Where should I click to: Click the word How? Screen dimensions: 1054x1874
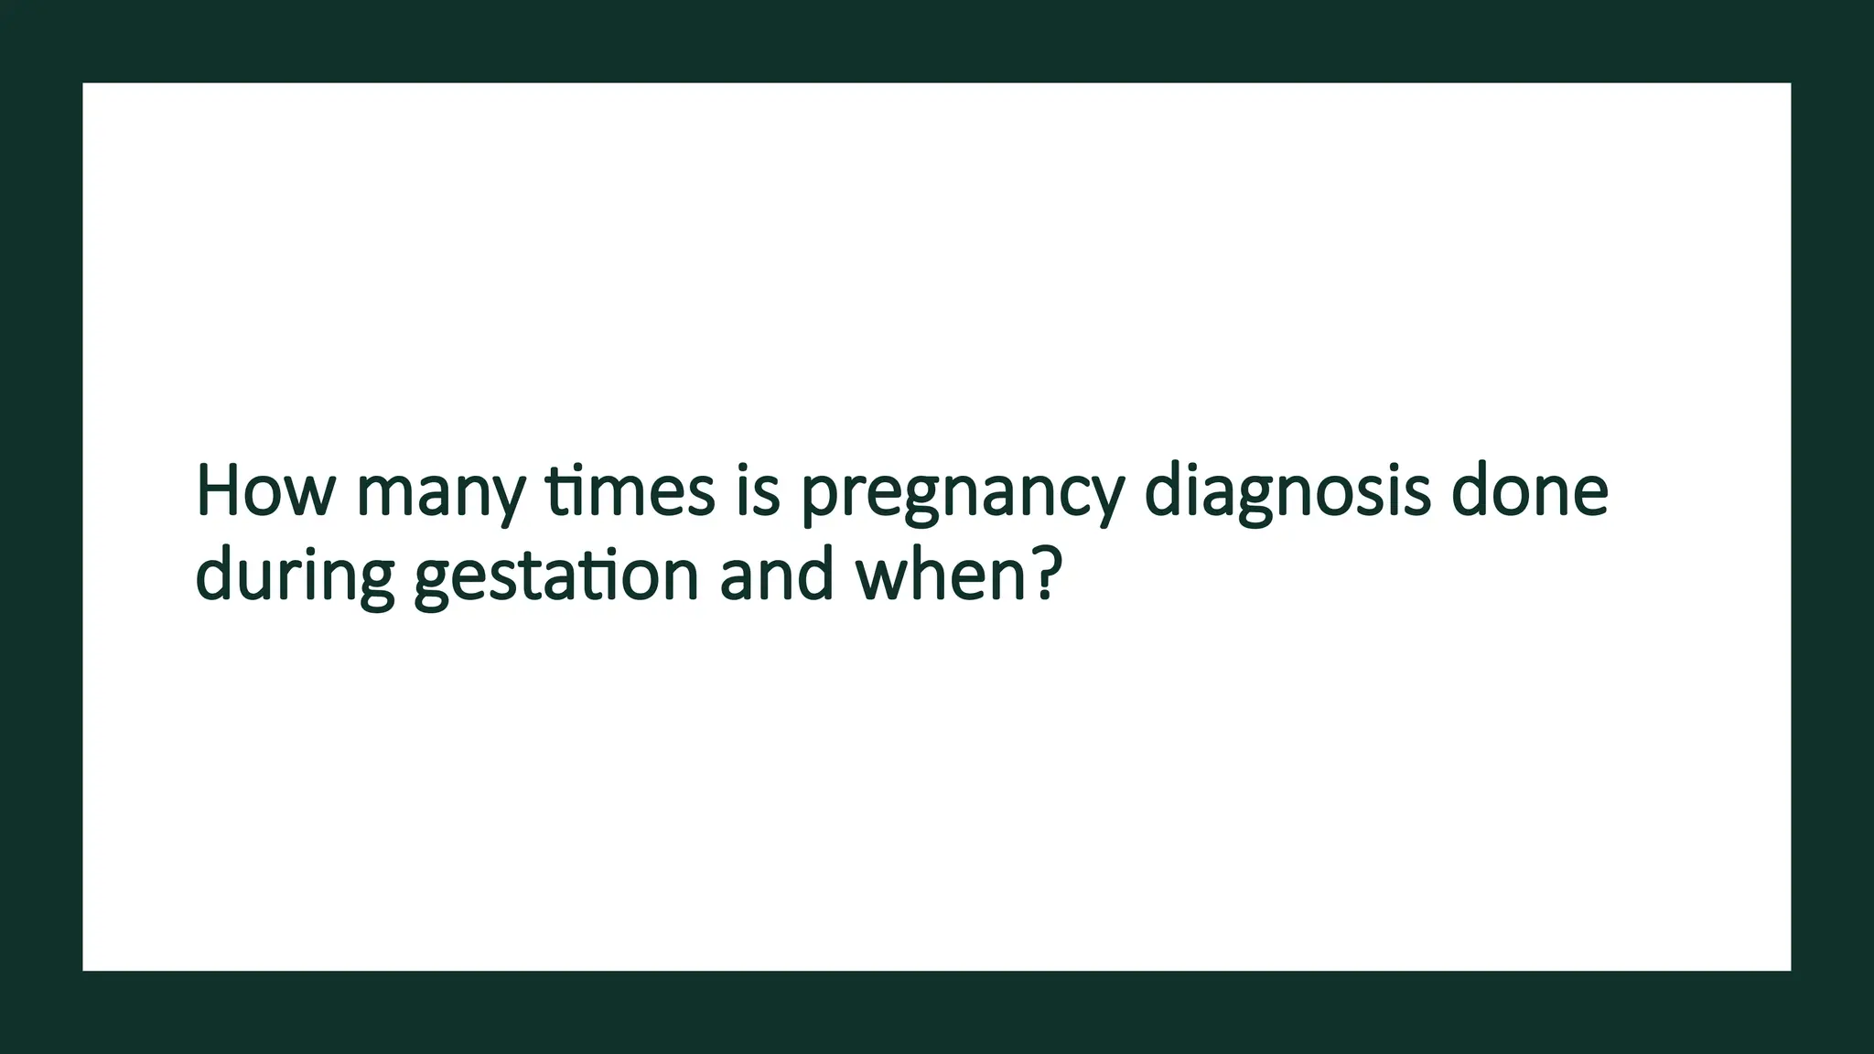pyautogui.click(x=265, y=491)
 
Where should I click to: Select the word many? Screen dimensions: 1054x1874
pyautogui.click(x=440, y=494)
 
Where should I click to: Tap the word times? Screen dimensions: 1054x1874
pyautogui.click(x=630, y=491)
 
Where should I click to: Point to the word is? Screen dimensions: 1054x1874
pyautogui.click(x=758, y=491)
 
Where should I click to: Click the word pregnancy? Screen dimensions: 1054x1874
pyautogui.click(x=962, y=494)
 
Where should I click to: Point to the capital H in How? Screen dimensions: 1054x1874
pyautogui.click(x=218, y=491)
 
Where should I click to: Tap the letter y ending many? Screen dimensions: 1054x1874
pyautogui.click(x=507, y=499)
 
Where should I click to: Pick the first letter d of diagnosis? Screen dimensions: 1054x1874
pyautogui.click(x=1164, y=491)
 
